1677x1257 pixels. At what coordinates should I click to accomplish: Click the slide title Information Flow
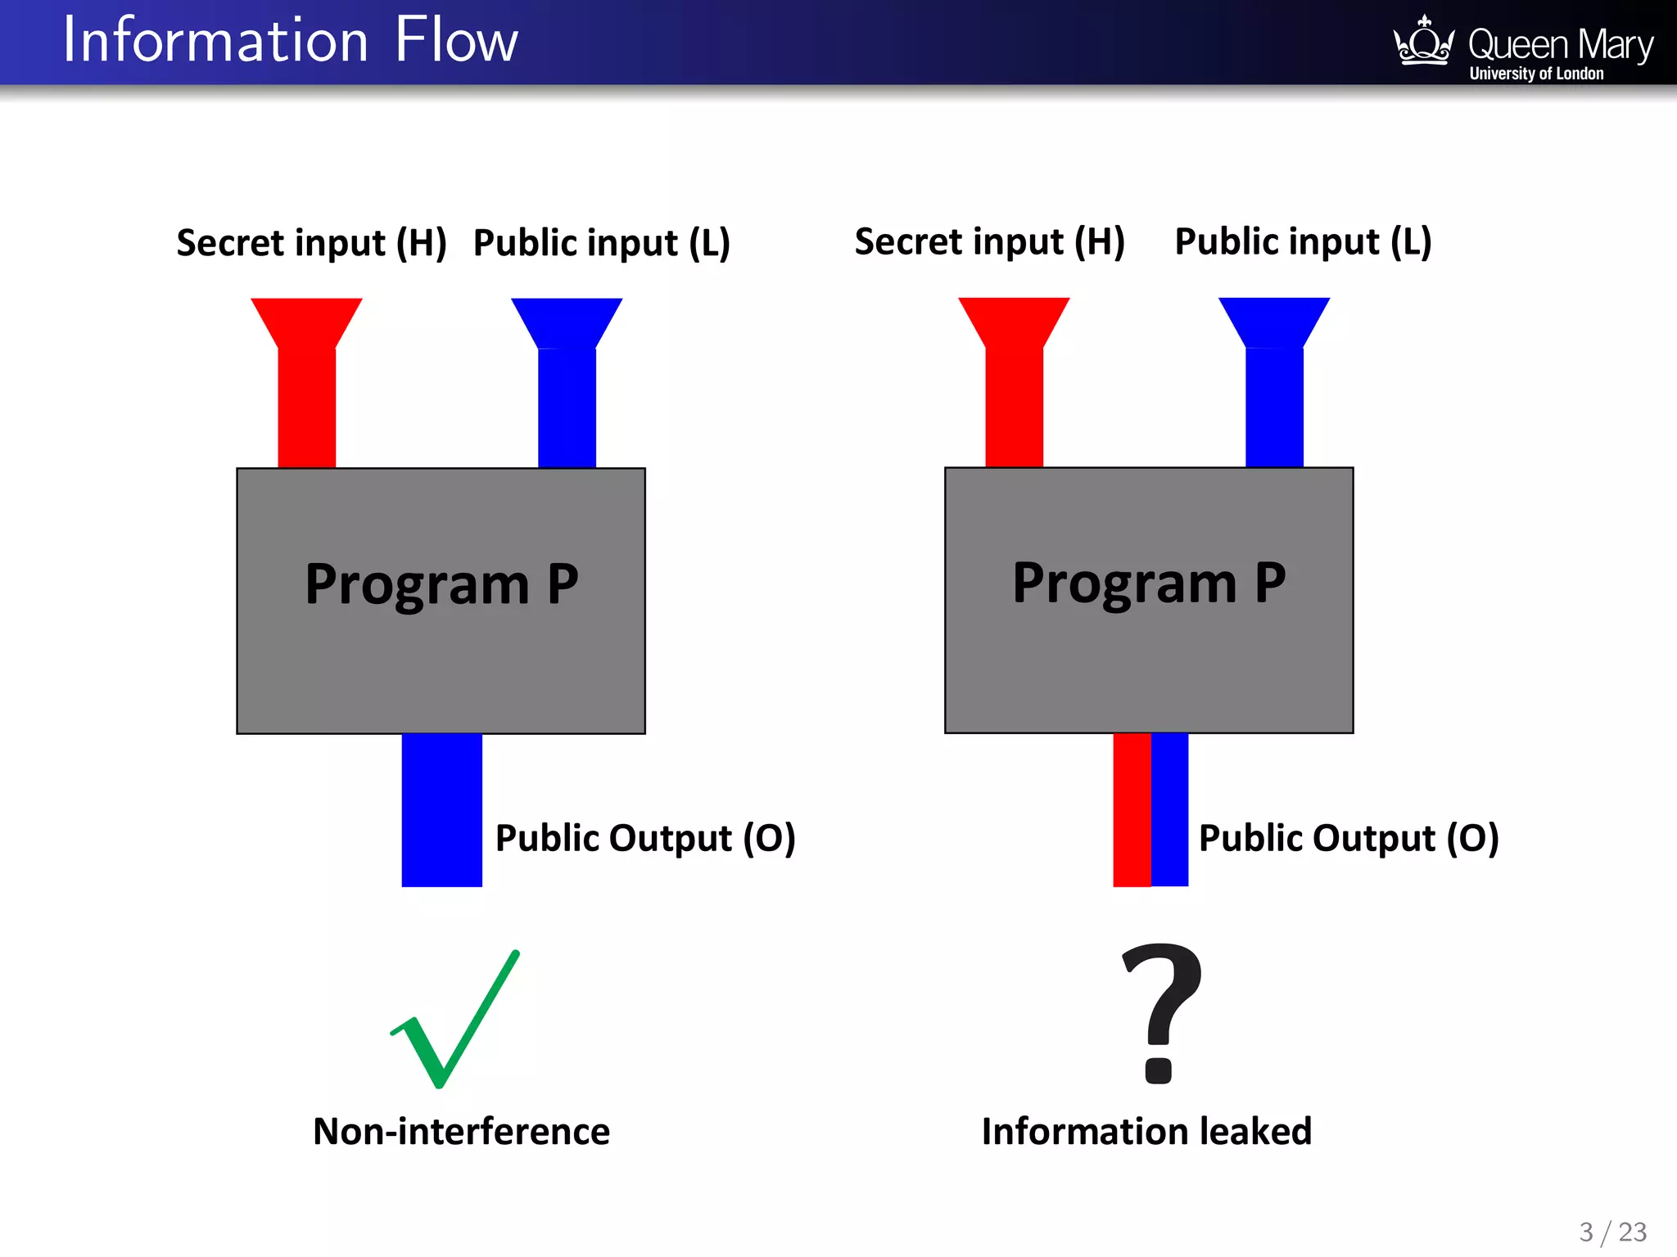point(291,41)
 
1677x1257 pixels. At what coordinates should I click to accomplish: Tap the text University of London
point(1536,74)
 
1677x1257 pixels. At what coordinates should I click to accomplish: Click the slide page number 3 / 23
point(1612,1232)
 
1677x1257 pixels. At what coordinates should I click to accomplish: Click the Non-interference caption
point(461,1132)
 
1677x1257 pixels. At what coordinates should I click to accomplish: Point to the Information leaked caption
point(1146,1132)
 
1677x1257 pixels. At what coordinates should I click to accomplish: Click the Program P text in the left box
point(441,584)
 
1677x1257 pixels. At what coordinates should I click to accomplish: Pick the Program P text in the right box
point(1149,583)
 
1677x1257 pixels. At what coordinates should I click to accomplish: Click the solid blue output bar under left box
point(441,810)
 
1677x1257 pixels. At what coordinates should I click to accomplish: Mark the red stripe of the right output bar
point(1132,810)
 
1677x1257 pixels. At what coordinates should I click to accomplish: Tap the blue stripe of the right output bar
point(1169,810)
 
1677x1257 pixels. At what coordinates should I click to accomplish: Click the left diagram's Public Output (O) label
point(645,838)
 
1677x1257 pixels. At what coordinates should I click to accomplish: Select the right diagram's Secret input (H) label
point(989,242)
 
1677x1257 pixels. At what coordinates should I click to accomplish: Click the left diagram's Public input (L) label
point(602,243)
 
